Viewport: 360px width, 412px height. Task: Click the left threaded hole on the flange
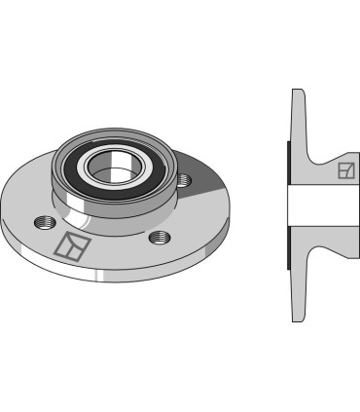43,223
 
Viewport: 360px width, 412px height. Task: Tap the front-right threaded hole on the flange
160,238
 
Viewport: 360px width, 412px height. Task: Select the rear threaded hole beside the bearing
184,177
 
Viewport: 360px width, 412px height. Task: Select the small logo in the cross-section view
344,171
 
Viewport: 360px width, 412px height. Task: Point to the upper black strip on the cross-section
288,162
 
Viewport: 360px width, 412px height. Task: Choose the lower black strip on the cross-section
288,250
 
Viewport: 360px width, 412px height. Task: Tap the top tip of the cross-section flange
298,93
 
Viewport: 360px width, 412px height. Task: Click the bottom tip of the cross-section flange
298,318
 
